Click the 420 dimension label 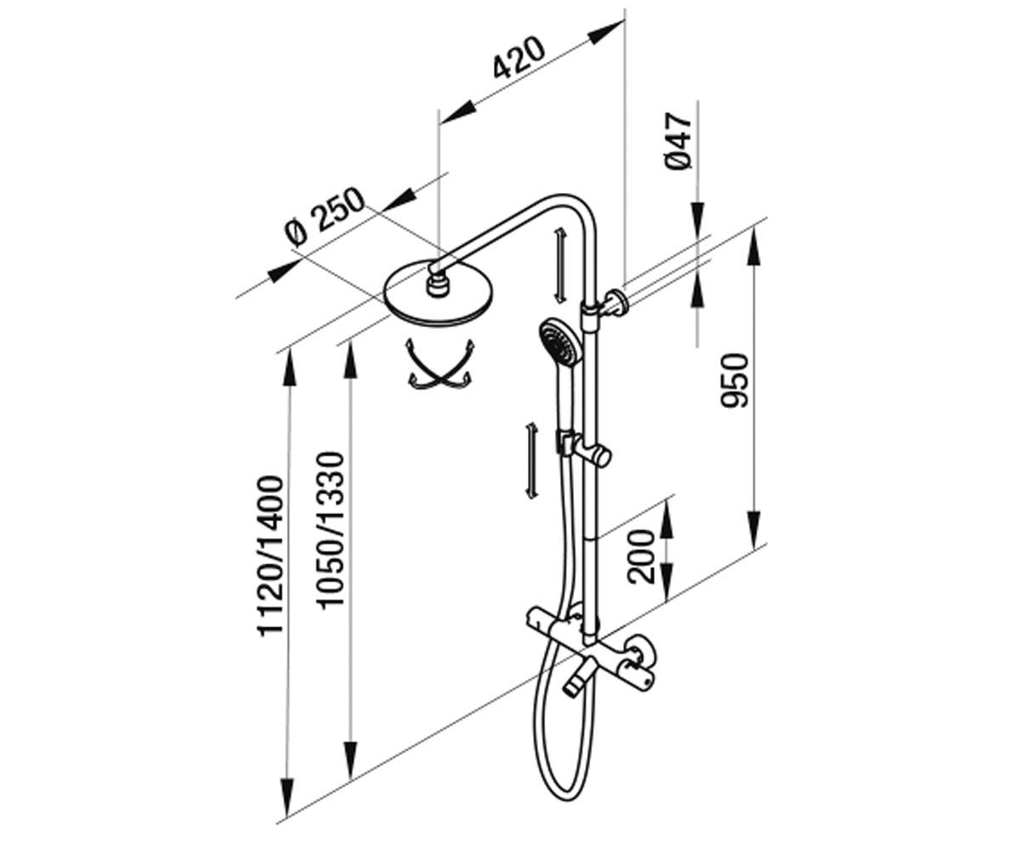coord(518,58)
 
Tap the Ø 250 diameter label coord(325,216)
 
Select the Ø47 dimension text coord(678,141)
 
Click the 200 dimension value coord(641,556)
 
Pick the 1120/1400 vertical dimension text coord(269,555)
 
